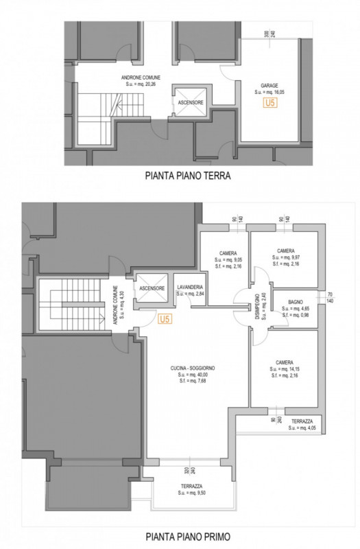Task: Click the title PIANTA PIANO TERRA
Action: tap(187, 176)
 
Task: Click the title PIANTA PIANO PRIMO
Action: tap(187, 536)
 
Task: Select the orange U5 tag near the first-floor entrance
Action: tap(164, 319)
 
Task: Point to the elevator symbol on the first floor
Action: tap(152, 288)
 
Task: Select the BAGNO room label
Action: tap(296, 302)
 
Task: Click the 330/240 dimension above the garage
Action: tap(269, 33)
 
